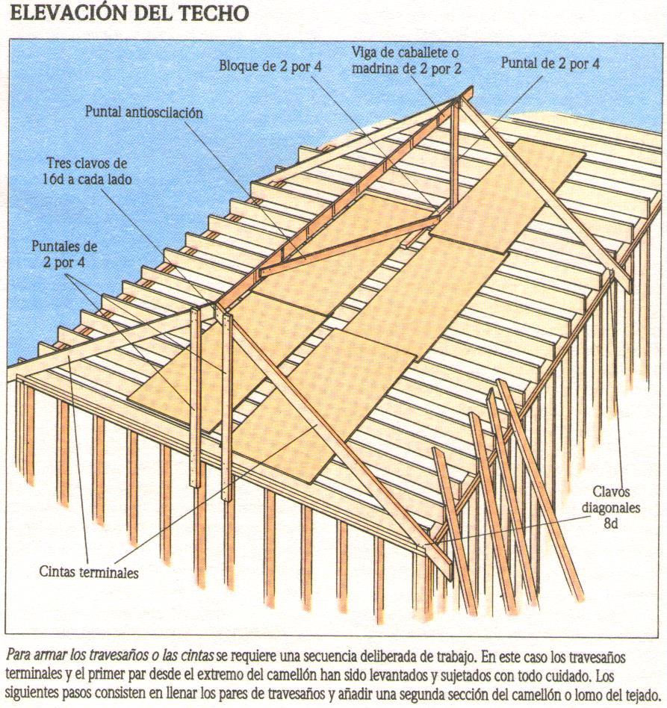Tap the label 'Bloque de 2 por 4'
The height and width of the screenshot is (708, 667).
tap(270, 66)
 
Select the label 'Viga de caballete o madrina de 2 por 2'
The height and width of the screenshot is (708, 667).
tap(406, 60)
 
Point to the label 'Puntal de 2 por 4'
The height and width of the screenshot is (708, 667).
tap(550, 64)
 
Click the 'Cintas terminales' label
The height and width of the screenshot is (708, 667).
tap(89, 573)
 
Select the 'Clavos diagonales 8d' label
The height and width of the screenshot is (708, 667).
tap(612, 508)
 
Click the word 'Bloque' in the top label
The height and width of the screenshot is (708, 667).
tap(239, 66)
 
